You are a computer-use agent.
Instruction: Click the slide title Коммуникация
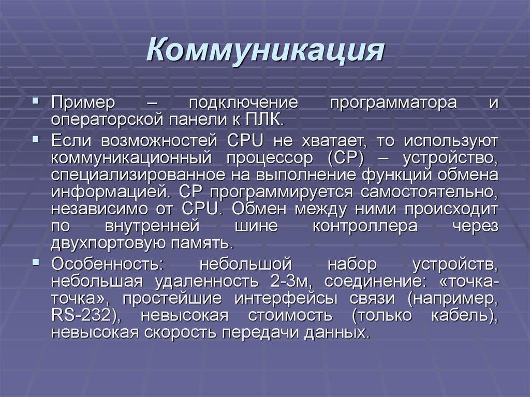(266, 51)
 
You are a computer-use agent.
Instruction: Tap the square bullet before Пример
(36, 100)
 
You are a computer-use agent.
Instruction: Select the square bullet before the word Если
(36, 139)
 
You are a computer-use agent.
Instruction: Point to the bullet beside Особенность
(36, 262)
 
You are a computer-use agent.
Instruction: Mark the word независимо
(100, 209)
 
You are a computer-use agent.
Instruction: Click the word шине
(256, 226)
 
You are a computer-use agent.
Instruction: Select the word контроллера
(365, 226)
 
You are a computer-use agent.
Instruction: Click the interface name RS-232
(81, 315)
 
